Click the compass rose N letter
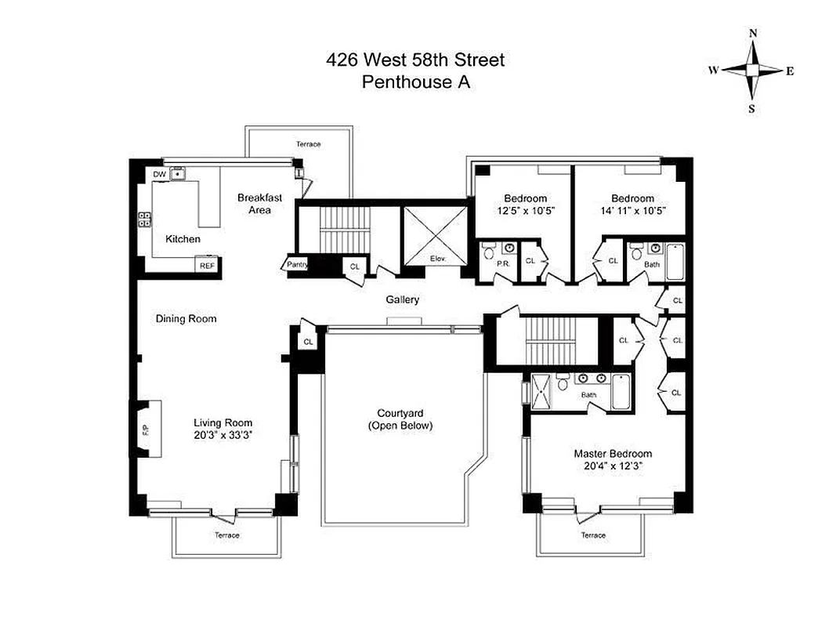(x=752, y=34)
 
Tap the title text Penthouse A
(x=415, y=82)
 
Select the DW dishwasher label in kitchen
(x=159, y=174)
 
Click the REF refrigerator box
(x=207, y=266)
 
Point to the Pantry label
(x=297, y=265)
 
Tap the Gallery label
(x=402, y=299)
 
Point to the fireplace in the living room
(x=147, y=429)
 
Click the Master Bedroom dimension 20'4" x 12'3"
(x=612, y=466)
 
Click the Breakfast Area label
(x=259, y=204)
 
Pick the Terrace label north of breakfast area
(x=308, y=144)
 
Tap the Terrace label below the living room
(x=227, y=535)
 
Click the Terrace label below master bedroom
(x=593, y=535)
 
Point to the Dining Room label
(x=186, y=319)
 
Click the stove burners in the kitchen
(x=145, y=220)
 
